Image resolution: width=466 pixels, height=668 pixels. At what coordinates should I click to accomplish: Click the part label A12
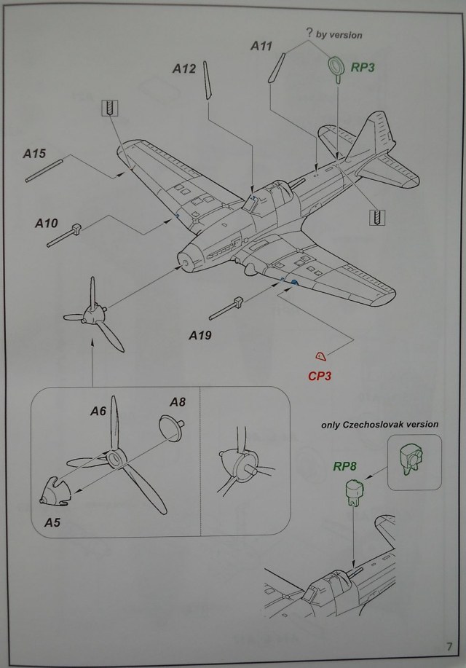point(184,69)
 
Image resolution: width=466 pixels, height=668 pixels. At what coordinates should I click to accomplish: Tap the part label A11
point(261,46)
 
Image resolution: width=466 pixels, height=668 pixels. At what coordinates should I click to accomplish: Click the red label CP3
point(321,377)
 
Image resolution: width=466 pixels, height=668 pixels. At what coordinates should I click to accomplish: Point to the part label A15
point(34,154)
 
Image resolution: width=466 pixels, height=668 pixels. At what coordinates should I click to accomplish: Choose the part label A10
point(46,224)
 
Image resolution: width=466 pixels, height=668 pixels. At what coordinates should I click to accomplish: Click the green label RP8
point(344,467)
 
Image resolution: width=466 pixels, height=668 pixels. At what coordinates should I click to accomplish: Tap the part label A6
point(98,412)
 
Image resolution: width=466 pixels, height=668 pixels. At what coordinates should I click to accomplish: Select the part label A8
point(178,402)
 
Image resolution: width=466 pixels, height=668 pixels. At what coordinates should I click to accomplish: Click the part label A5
point(52,522)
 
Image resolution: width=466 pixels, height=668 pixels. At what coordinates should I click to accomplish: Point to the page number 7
point(450,647)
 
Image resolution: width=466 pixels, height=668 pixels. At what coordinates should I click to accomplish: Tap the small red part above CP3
point(320,356)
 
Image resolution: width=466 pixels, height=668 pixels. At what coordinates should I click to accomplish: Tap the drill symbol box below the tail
point(376,216)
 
